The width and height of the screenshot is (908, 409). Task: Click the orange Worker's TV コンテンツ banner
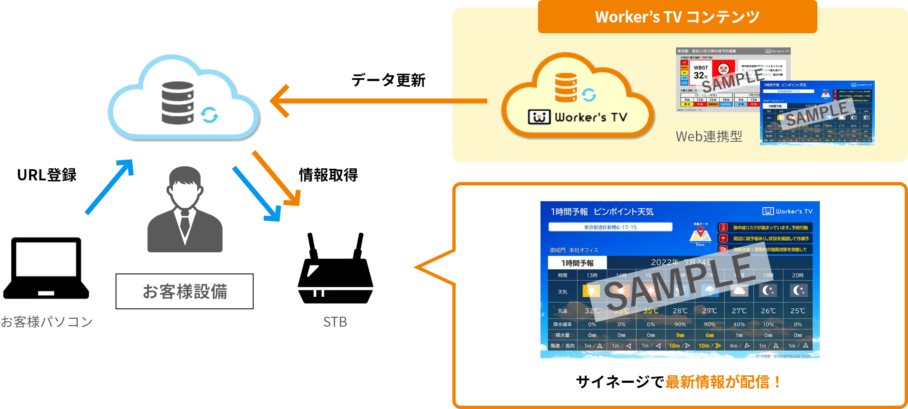pyautogui.click(x=677, y=17)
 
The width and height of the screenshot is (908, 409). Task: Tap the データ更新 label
pyautogui.click(x=388, y=80)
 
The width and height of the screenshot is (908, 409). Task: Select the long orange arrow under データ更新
pyautogui.click(x=378, y=101)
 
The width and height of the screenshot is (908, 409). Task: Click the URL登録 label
pyautogui.click(x=47, y=175)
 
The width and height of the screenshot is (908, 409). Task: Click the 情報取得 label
pyautogui.click(x=328, y=175)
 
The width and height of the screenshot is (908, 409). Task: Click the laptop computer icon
pyautogui.click(x=46, y=268)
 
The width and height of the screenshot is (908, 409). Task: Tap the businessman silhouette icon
pyautogui.click(x=185, y=210)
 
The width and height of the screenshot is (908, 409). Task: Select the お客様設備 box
pyautogui.click(x=185, y=291)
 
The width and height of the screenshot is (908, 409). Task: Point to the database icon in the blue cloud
pyautogui.click(x=178, y=103)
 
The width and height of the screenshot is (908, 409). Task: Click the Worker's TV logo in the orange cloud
pyautogui.click(x=577, y=117)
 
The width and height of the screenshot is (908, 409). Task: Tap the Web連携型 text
pyautogui.click(x=709, y=136)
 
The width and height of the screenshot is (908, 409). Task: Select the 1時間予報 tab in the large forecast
pyautogui.click(x=577, y=263)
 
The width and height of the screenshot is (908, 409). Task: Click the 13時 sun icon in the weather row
pyautogui.click(x=592, y=291)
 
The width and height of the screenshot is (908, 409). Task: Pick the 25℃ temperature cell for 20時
pyautogui.click(x=797, y=311)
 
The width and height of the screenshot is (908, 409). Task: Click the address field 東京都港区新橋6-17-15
pyautogui.click(x=610, y=227)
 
